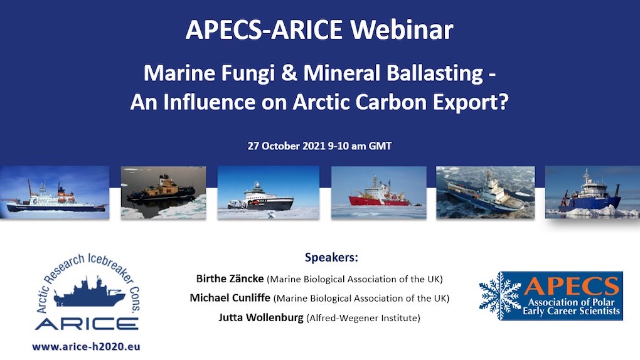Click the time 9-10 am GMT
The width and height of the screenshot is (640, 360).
click(x=360, y=146)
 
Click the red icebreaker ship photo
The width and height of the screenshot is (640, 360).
click(x=380, y=192)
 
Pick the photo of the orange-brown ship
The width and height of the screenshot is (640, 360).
click(x=163, y=192)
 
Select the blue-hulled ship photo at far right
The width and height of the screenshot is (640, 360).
click(x=592, y=192)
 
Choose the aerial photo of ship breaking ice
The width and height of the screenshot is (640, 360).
click(x=485, y=192)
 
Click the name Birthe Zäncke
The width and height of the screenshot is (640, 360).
click(x=230, y=278)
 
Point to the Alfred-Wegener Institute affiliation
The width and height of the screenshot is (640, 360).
click(x=363, y=318)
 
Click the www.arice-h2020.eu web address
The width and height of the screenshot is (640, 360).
click(x=86, y=346)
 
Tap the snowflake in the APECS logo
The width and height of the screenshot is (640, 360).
click(x=500, y=295)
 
